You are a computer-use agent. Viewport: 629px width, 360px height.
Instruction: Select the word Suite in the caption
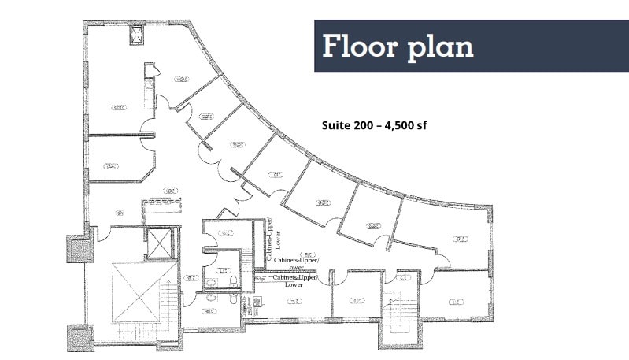click(337, 125)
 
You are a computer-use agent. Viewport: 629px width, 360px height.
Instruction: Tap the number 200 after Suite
click(364, 125)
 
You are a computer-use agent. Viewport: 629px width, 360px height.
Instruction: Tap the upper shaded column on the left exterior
click(76, 249)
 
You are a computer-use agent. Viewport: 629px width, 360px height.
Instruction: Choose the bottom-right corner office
click(456, 299)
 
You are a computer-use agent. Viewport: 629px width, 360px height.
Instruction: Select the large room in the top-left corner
click(118, 95)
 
